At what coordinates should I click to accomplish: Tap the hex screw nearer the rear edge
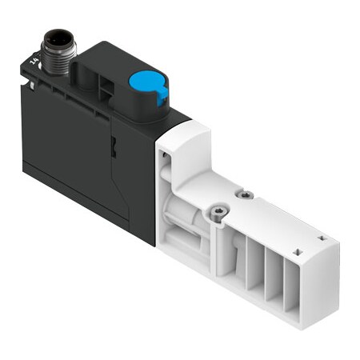click(x=245, y=194)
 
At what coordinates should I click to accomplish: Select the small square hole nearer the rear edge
click(x=322, y=238)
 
